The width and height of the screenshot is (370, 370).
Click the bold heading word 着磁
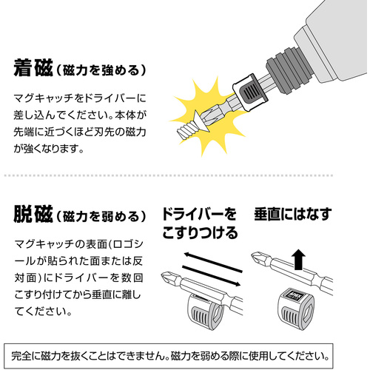click(33, 68)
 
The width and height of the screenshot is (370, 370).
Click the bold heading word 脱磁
click(33, 214)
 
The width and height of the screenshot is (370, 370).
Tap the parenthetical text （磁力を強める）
click(101, 70)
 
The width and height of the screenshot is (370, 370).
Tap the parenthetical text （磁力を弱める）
click(101, 216)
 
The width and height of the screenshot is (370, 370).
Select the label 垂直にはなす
click(293, 214)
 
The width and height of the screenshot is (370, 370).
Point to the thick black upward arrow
click(298, 260)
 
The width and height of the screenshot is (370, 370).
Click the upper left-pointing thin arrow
click(213, 262)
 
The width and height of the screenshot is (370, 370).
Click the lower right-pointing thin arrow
click(212, 276)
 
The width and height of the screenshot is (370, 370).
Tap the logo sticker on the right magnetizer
click(295, 295)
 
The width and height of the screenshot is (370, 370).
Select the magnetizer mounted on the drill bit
click(249, 92)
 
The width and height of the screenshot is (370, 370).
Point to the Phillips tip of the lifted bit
click(258, 258)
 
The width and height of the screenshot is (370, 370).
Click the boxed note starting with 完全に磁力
click(169, 356)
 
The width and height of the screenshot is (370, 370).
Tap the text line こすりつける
click(200, 233)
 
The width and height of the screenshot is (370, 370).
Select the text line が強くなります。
click(49, 148)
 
